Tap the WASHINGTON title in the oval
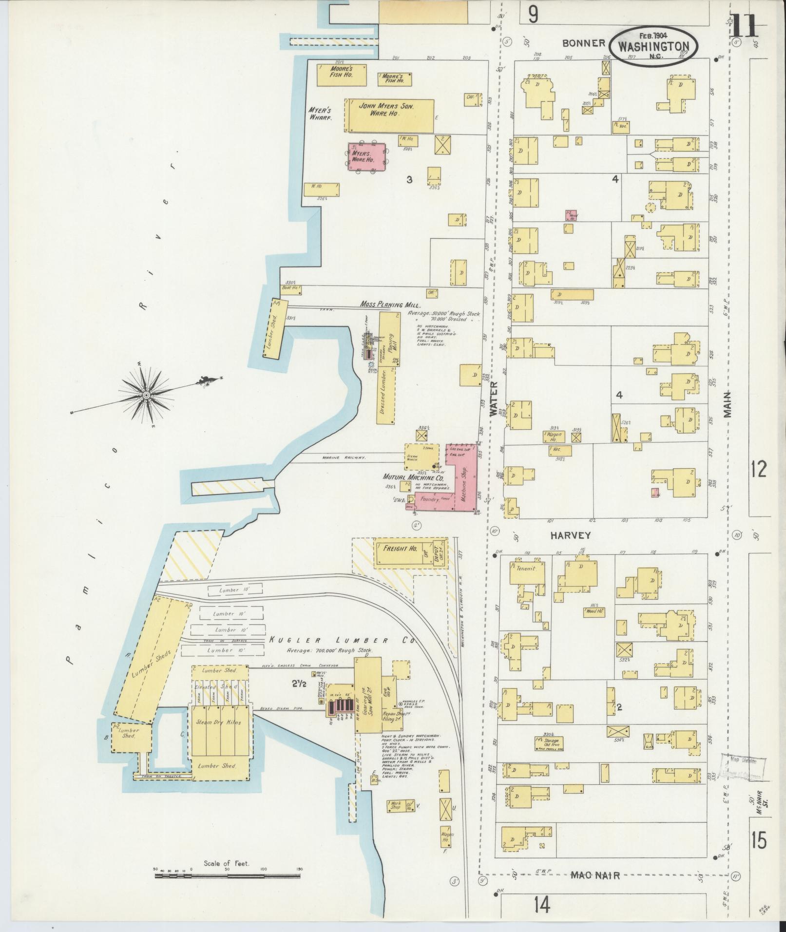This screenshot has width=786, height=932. pyautogui.click(x=653, y=47)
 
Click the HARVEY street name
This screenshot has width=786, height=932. pyautogui.click(x=570, y=535)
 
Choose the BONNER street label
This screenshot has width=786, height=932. pyautogui.click(x=583, y=43)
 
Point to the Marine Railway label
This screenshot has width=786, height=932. pyautogui.click(x=337, y=457)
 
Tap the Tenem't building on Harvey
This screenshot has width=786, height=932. pyautogui.click(x=526, y=569)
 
